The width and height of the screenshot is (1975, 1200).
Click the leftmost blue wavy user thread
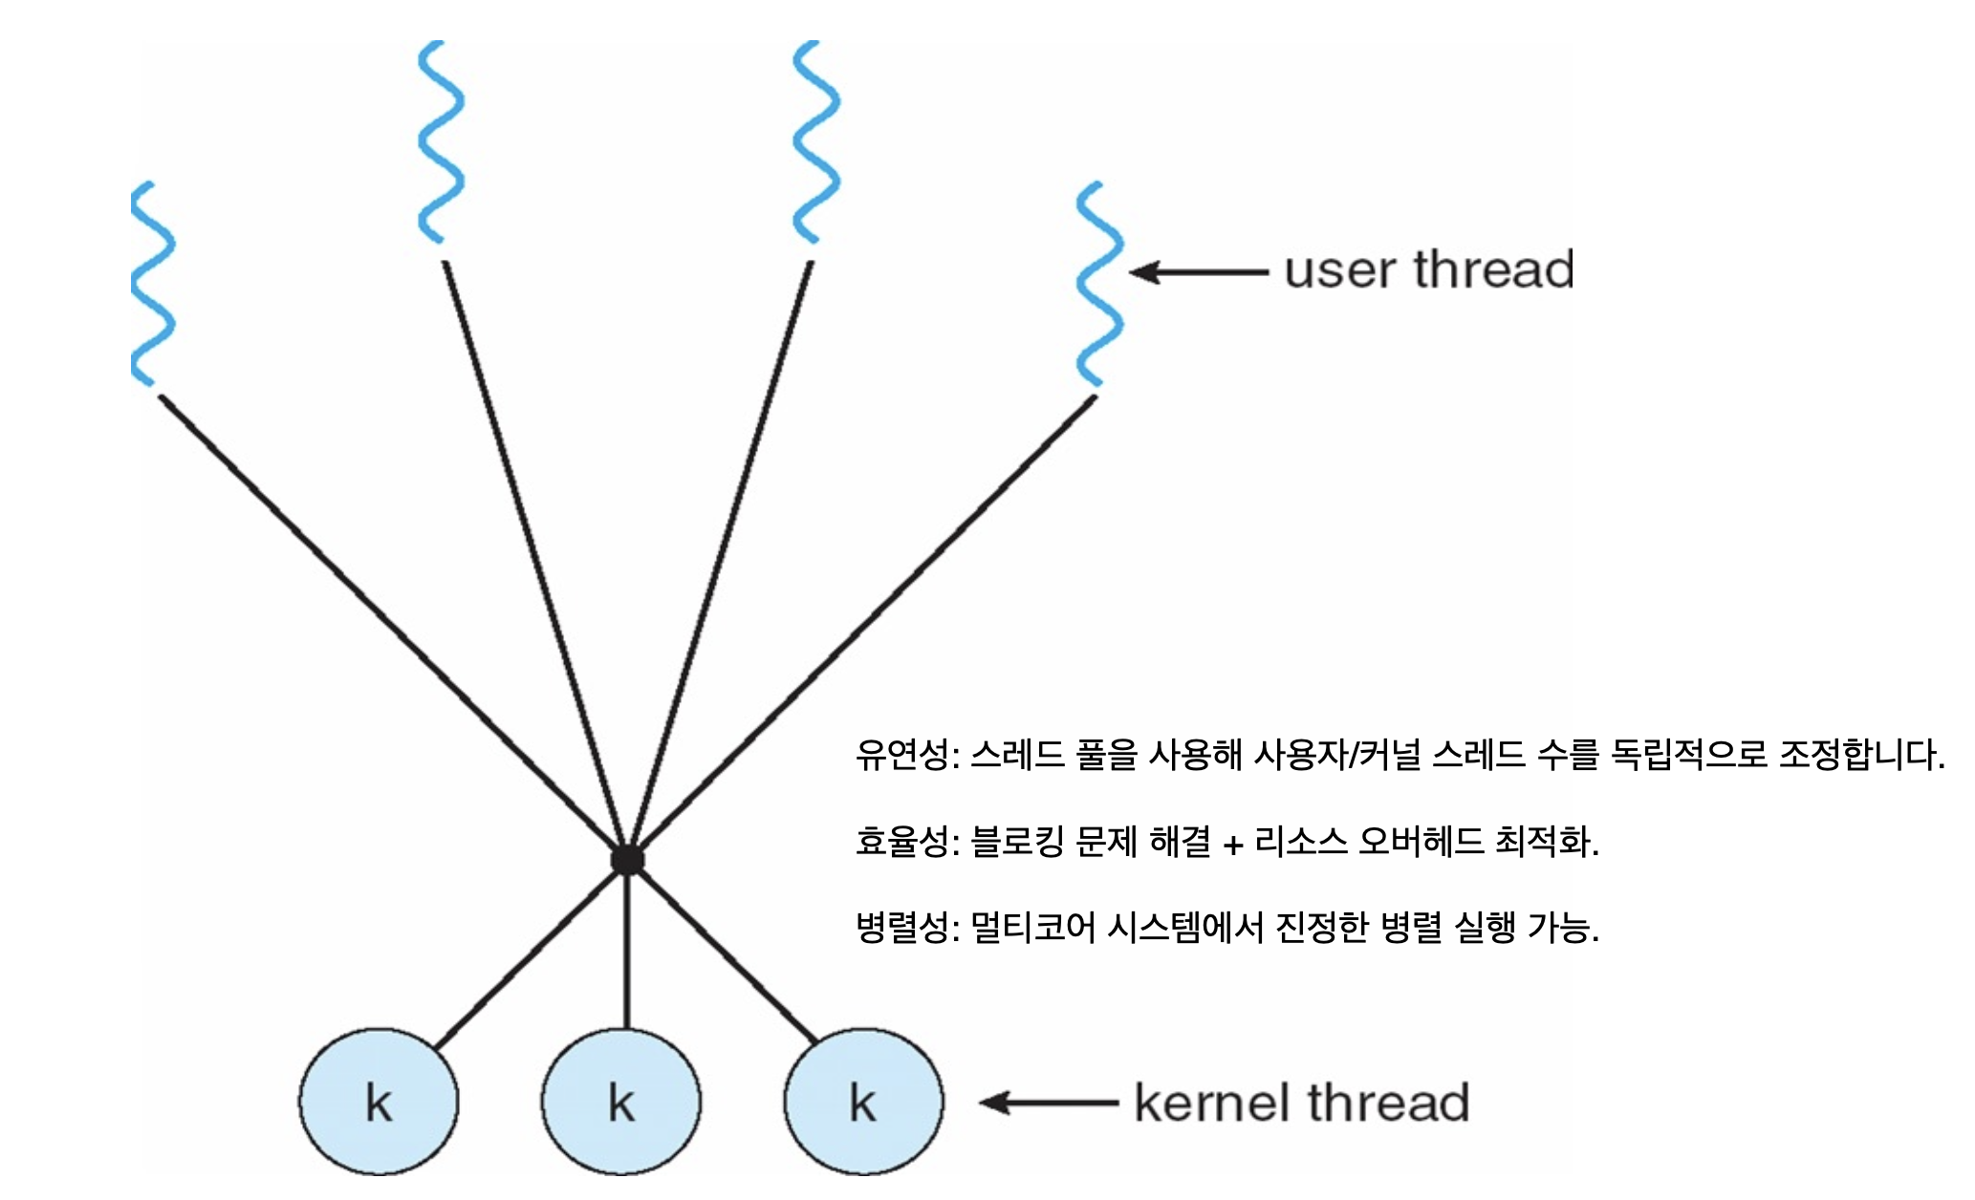click(x=153, y=284)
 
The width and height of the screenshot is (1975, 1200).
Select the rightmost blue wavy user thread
click(x=1099, y=284)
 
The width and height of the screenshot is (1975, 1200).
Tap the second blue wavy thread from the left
click(x=441, y=141)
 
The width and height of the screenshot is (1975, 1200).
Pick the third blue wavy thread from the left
click(x=815, y=141)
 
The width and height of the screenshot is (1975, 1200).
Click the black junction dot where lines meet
click(x=627, y=860)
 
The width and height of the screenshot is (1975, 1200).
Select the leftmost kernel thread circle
click(x=379, y=1102)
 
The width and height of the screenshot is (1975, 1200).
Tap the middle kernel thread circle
click(x=621, y=1102)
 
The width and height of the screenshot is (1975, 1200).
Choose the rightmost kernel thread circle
click(x=863, y=1102)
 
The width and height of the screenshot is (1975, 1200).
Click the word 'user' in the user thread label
click(x=1339, y=270)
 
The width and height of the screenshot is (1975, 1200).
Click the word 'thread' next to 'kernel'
click(x=1388, y=1103)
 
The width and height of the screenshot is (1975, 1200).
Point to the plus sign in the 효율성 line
click(x=1233, y=845)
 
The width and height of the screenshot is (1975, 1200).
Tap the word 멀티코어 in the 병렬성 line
click(x=1032, y=927)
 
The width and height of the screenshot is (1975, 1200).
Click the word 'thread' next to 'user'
click(x=1493, y=269)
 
